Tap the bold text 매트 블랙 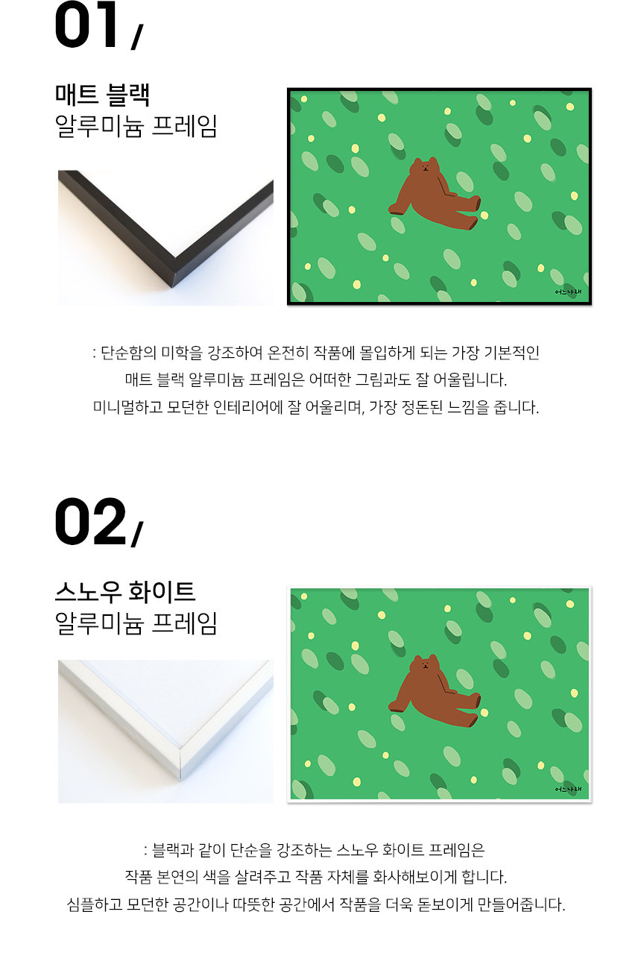tap(103, 95)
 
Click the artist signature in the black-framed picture tap(569, 292)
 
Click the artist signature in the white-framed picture tap(569, 789)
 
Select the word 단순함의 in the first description tap(128, 352)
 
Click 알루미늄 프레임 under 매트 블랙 tap(136, 126)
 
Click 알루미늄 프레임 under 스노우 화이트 tap(136, 623)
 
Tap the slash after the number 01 tap(136, 37)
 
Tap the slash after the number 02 tap(136, 534)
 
